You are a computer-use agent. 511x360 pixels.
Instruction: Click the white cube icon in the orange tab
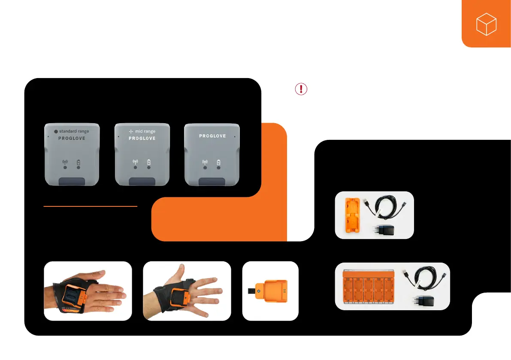coord(486,24)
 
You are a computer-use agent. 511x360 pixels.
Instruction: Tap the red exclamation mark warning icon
coord(301,89)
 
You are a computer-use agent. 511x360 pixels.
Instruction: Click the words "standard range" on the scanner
coord(74,131)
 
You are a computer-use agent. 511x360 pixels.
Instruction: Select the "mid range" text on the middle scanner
coord(145,131)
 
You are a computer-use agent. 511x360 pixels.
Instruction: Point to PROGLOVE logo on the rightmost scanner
coord(212,136)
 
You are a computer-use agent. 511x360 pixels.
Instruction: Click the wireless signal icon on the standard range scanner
coord(65,162)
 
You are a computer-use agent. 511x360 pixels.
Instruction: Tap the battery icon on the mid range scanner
coord(149,162)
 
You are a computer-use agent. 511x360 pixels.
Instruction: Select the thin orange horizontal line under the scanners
coord(90,206)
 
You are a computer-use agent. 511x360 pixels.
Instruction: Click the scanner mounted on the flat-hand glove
coord(69,296)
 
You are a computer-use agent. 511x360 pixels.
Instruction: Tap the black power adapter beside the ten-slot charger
coord(423,302)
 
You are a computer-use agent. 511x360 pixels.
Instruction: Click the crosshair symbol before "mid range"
coord(131,131)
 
